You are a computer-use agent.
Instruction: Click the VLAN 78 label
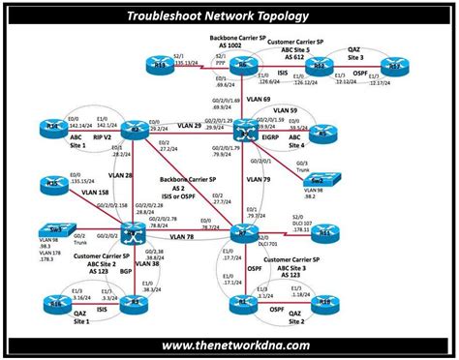184,235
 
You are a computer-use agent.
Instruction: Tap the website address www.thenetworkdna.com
229,345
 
